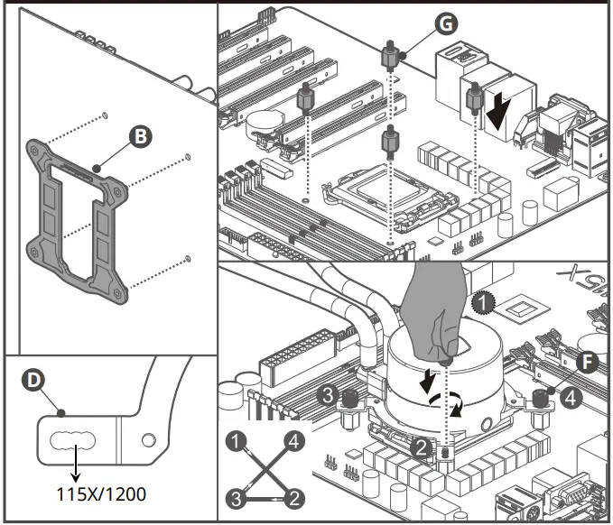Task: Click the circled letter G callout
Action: (442, 25)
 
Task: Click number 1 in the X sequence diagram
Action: (237, 442)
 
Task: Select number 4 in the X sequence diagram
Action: (292, 442)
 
